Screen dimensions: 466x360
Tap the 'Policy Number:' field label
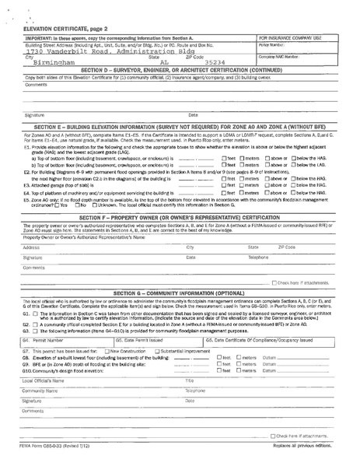pyautogui.click(x=269, y=45)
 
